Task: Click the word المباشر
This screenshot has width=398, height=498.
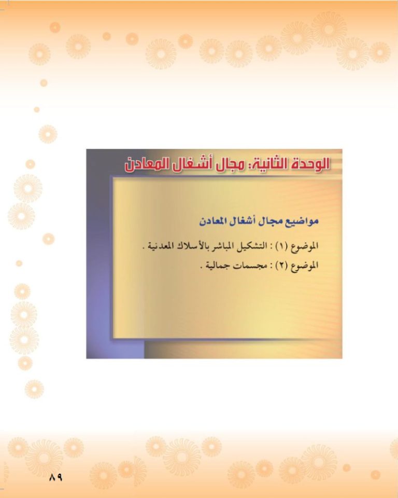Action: click(224, 246)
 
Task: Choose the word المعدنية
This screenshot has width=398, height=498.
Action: click(161, 246)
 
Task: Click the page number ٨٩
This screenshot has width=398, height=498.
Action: click(56, 477)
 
